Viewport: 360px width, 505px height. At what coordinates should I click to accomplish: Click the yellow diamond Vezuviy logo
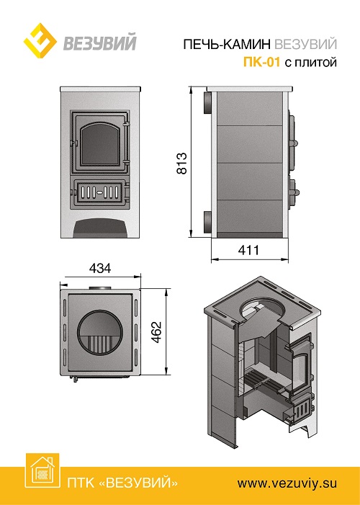click(x=40, y=40)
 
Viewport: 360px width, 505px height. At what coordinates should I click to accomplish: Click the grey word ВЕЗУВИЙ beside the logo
click(x=100, y=43)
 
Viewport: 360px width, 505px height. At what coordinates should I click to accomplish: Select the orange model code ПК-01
click(x=261, y=61)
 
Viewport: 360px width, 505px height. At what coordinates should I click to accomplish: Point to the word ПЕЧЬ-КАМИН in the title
click(x=227, y=44)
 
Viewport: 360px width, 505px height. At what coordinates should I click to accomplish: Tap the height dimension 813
click(x=182, y=163)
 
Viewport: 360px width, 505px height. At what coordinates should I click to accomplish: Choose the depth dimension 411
click(x=249, y=249)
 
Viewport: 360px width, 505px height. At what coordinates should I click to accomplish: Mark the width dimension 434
click(x=100, y=268)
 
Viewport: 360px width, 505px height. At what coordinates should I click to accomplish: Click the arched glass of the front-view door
click(x=100, y=144)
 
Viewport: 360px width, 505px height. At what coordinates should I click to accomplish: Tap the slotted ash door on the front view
click(x=99, y=192)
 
